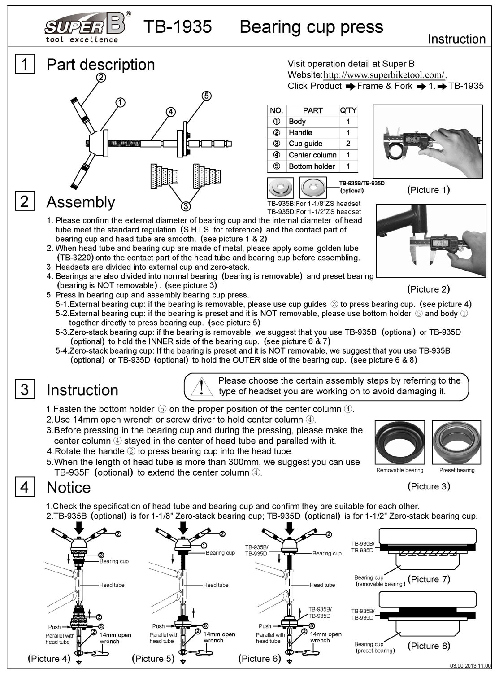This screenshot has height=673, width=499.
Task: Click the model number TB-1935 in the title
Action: click(x=178, y=26)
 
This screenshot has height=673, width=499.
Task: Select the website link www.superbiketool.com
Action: click(x=384, y=74)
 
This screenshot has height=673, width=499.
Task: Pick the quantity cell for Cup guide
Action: click(x=348, y=144)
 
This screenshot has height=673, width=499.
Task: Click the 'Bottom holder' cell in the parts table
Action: click(x=312, y=166)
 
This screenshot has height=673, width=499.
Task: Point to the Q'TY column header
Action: click(x=348, y=110)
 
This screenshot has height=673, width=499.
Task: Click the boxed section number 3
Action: click(x=25, y=389)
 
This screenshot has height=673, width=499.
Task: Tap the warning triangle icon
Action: click(x=201, y=387)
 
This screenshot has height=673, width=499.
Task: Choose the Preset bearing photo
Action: click(x=456, y=442)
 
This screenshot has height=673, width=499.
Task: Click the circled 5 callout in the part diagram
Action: click(x=206, y=96)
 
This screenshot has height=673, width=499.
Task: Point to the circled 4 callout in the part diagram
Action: click(x=171, y=112)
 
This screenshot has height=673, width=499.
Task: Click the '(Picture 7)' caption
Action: click(x=429, y=579)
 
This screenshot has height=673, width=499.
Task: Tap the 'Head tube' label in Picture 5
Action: click(x=216, y=585)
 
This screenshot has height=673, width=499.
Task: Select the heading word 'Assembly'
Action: click(x=81, y=202)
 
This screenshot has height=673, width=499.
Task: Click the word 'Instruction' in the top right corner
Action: click(x=456, y=39)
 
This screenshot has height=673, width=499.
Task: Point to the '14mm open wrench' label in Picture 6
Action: click(x=325, y=638)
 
